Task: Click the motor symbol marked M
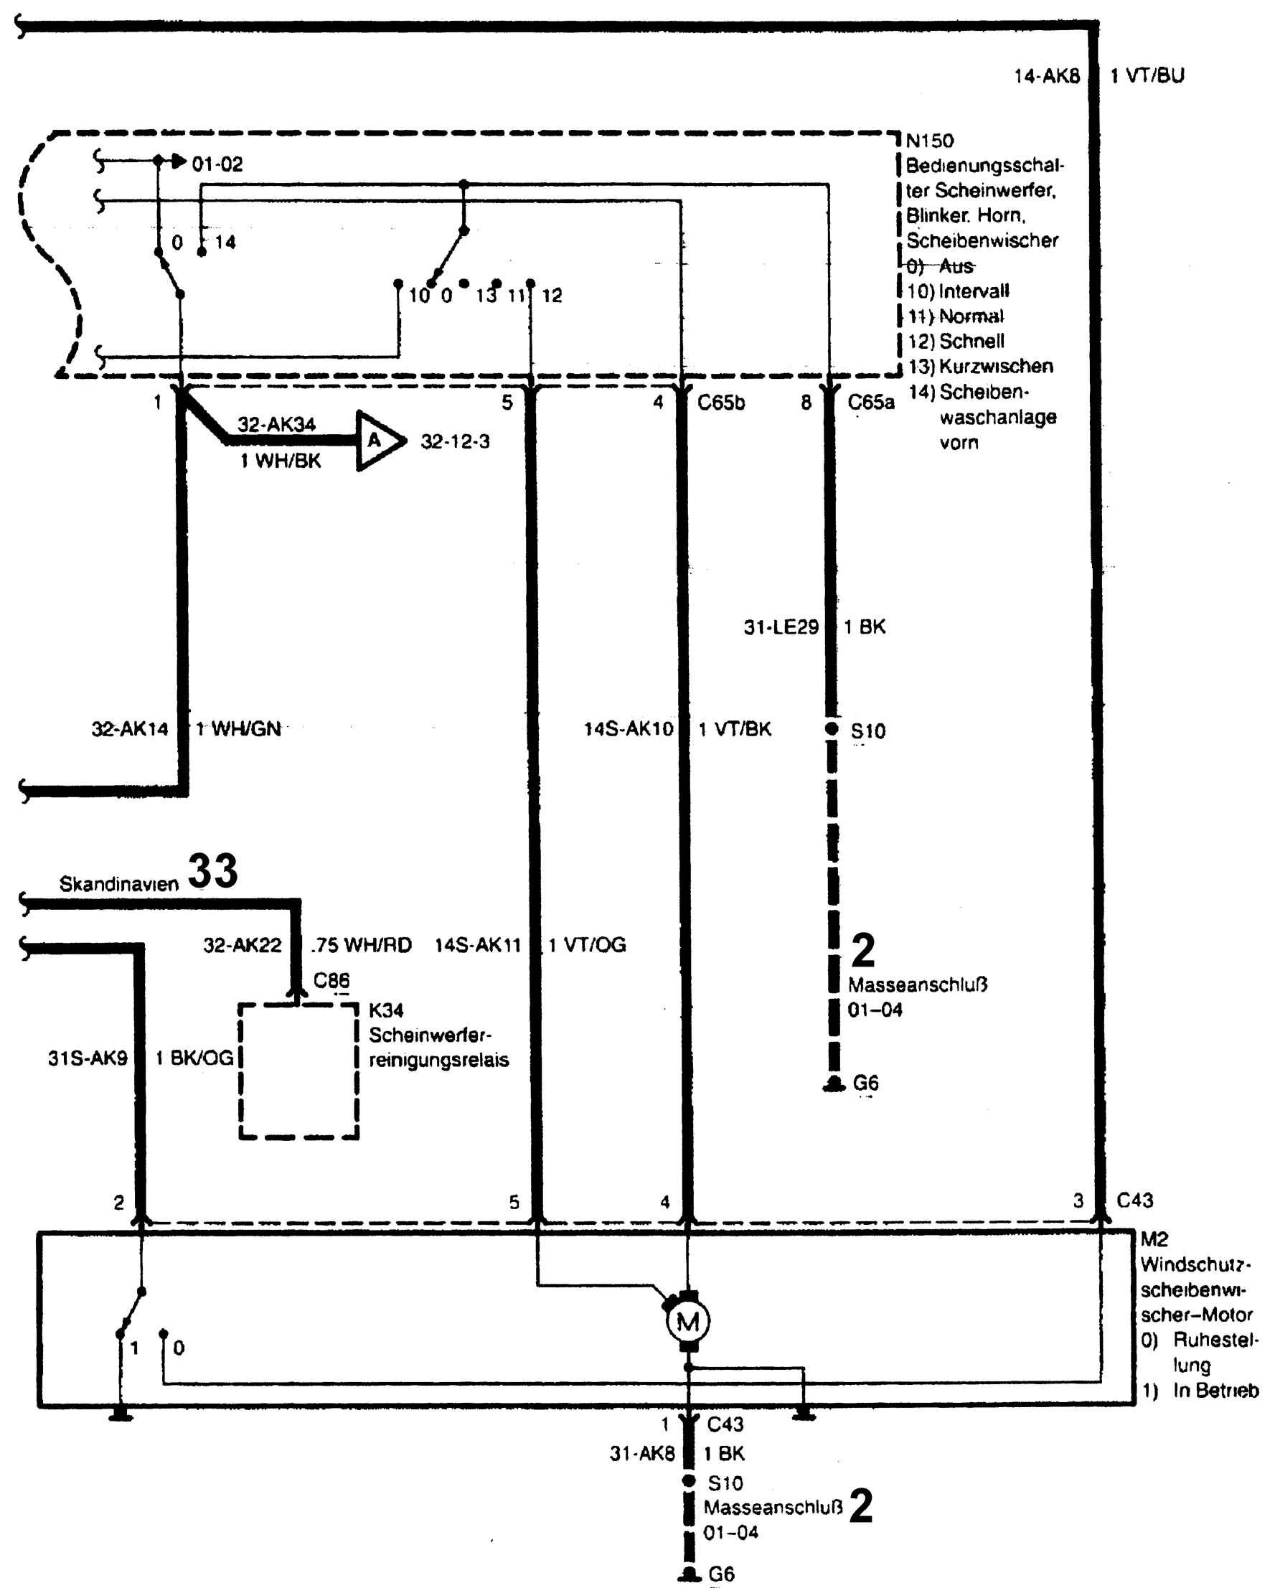[687, 1322]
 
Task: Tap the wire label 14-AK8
[1046, 76]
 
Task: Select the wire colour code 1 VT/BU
[1147, 76]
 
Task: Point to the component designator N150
[930, 141]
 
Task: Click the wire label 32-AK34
[276, 424]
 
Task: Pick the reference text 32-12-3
[454, 442]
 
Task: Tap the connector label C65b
[721, 403]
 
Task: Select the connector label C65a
[870, 403]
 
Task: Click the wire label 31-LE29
[781, 628]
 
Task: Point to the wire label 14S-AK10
[629, 729]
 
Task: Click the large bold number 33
[213, 871]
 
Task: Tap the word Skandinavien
[118, 884]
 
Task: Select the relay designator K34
[386, 1010]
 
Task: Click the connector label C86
[331, 980]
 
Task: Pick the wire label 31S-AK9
[88, 1058]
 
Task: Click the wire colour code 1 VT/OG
[587, 945]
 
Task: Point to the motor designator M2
[1154, 1239]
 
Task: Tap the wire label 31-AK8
[641, 1453]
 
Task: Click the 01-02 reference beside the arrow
[217, 164]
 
